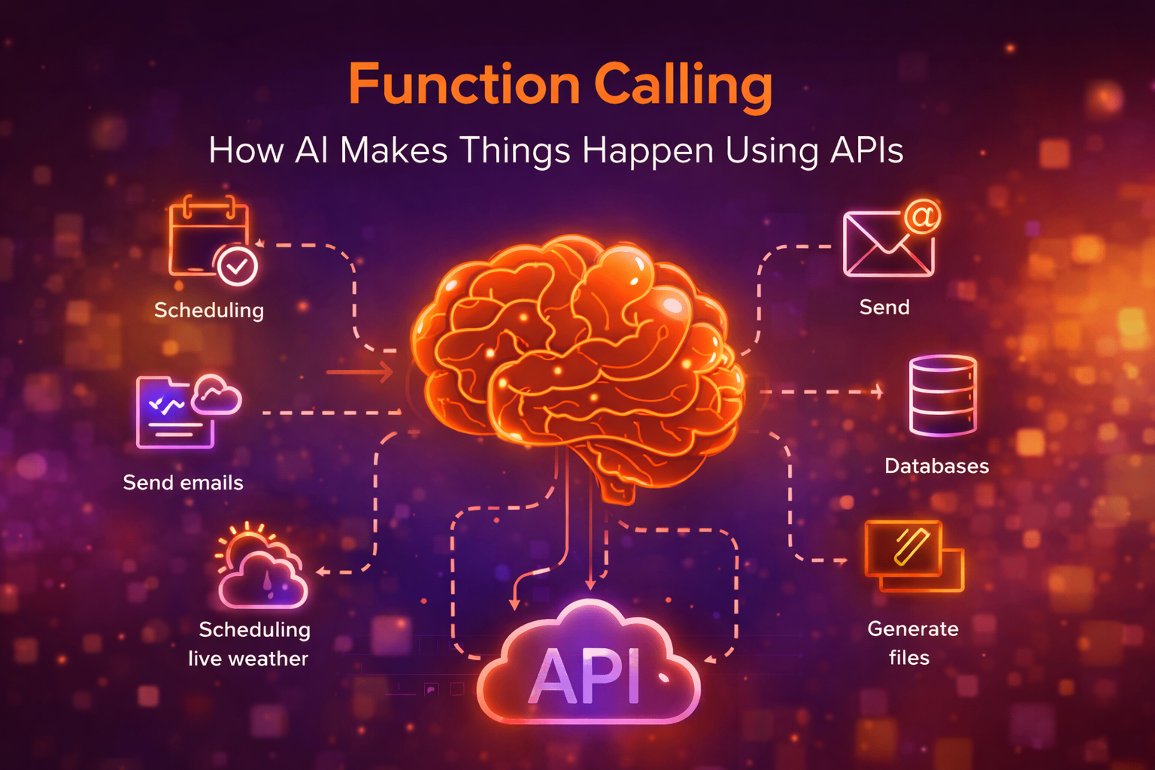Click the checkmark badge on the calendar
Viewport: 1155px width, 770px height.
point(237,265)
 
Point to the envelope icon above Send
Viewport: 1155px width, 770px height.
point(887,244)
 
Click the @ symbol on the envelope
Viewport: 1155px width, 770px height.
point(922,217)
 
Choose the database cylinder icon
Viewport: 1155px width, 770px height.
point(942,396)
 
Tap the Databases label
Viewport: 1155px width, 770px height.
point(936,466)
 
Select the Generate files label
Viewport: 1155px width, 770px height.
point(912,643)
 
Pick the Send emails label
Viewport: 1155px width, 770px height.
point(183,483)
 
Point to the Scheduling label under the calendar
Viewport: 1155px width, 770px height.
point(208,310)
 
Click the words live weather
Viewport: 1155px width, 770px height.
point(247,659)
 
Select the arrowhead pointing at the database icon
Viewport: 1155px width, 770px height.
point(878,391)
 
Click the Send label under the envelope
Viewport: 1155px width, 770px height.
point(884,307)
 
